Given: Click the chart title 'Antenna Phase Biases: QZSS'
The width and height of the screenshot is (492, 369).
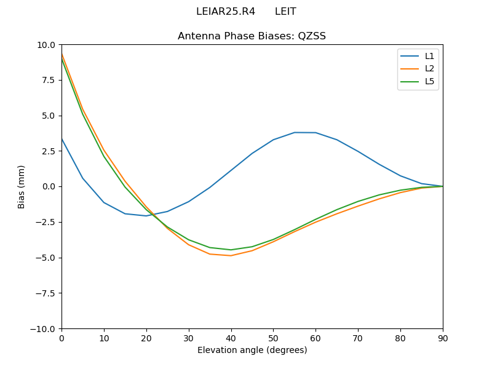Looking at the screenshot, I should (252, 36).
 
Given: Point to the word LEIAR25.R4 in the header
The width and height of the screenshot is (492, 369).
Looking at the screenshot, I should (226, 12).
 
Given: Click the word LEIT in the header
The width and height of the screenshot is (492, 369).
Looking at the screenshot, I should (285, 12).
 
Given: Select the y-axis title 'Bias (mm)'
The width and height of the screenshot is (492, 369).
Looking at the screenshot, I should (22, 186).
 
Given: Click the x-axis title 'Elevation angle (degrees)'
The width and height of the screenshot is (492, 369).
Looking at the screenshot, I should (252, 351).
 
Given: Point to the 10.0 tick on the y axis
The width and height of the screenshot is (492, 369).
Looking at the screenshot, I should (47, 45).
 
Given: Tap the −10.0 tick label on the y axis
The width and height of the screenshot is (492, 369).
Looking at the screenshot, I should (44, 328).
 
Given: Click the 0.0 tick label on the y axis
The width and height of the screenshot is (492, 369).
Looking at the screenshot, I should (49, 186).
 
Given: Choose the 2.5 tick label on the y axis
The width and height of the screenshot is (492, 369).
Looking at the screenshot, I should (49, 151).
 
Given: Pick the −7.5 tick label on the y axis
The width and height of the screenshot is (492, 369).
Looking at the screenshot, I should (46, 293).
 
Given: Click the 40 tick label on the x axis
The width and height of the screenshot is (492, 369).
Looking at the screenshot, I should (231, 338).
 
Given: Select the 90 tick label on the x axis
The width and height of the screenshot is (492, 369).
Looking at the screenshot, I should (442, 338).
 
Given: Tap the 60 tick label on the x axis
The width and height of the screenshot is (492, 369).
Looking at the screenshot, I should (315, 338).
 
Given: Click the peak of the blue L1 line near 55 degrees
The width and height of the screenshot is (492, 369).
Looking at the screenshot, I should (295, 132).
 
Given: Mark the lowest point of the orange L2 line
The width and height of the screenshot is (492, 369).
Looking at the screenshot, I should (231, 255).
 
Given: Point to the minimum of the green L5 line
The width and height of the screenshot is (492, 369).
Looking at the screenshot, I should (231, 250).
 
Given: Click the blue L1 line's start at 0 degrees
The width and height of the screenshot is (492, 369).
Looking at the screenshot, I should (61, 139).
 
